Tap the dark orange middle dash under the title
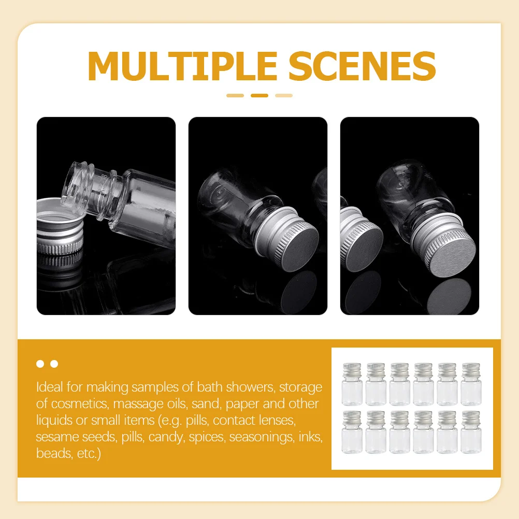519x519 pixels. (x=259, y=95)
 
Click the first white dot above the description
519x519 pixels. (x=40, y=364)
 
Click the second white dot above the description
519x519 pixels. (x=54, y=364)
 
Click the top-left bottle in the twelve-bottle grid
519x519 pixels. (x=352, y=384)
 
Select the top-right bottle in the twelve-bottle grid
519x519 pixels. (x=471, y=384)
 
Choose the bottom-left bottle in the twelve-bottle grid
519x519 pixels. (x=352, y=432)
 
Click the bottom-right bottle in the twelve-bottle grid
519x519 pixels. (x=471, y=432)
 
